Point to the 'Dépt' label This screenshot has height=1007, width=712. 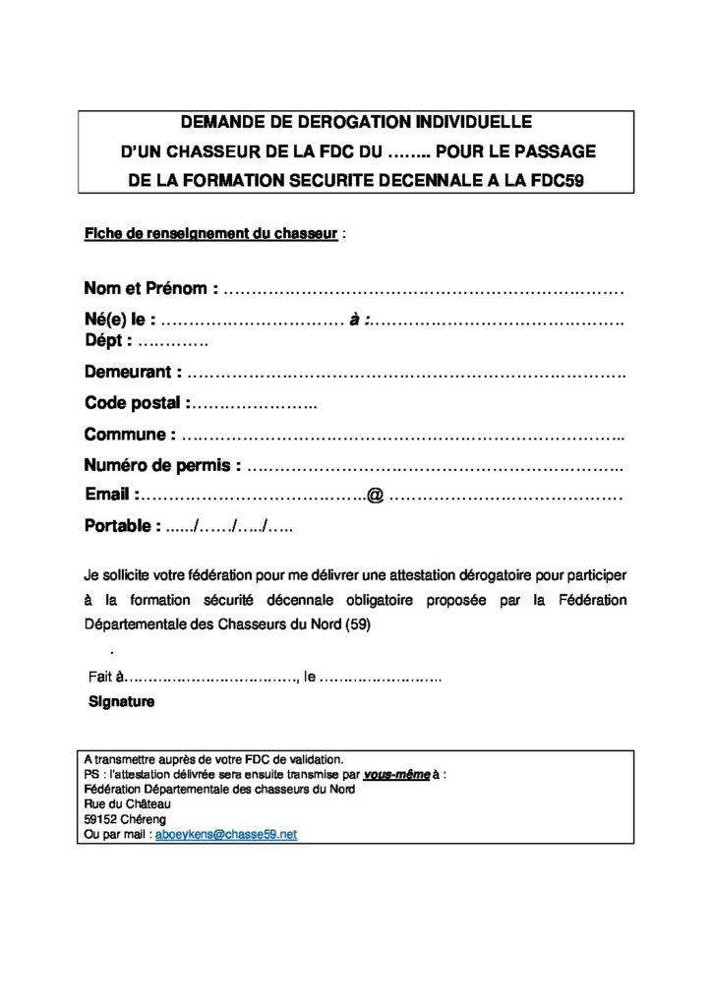click(106, 340)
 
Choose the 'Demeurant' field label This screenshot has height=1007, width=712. click(131, 372)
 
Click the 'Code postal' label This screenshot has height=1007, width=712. click(134, 402)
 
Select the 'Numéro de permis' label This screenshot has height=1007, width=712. click(161, 464)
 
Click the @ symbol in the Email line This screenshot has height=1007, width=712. click(374, 496)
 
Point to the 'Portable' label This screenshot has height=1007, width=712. click(121, 526)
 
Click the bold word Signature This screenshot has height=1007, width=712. click(122, 702)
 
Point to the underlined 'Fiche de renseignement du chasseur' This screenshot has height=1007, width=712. click(211, 235)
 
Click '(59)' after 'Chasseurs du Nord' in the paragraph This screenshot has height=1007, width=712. click(359, 623)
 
